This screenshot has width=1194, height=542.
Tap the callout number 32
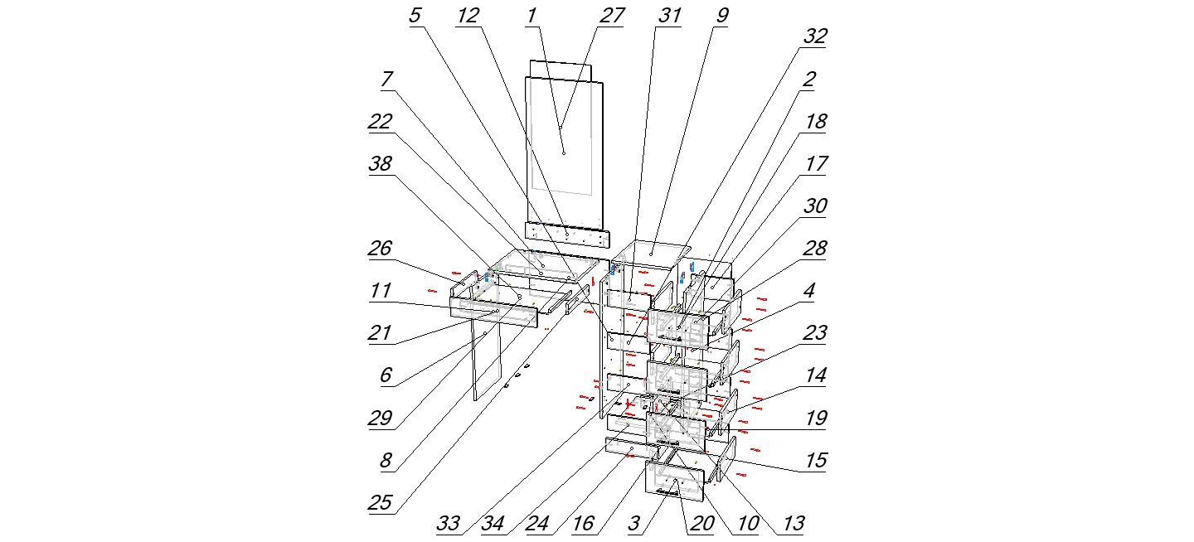coord(815,37)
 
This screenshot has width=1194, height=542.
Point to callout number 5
coord(415,17)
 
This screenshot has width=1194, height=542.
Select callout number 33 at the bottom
coord(449,524)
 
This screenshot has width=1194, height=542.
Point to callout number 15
coord(816,460)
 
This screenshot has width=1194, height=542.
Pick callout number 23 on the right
coord(816,333)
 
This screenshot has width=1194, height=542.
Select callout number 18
coord(816,123)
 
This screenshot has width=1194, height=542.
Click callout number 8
coord(387,461)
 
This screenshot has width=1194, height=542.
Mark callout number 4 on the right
coord(808,292)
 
